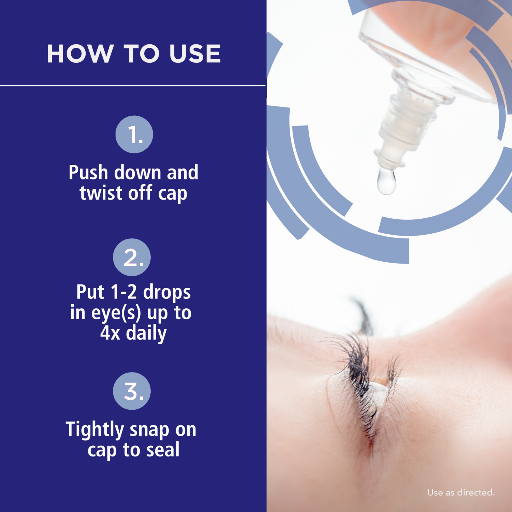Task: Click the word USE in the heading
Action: click(195, 54)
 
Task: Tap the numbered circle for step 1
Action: click(134, 134)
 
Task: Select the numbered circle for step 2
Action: click(132, 257)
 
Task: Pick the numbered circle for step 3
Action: click(132, 391)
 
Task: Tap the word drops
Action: click(167, 293)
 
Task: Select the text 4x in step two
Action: click(110, 333)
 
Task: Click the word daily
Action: click(146, 333)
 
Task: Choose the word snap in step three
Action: click(149, 430)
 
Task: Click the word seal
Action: click(163, 450)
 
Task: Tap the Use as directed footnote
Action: click(460, 492)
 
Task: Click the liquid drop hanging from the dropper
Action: click(386, 181)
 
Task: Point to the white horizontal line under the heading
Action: click(133, 85)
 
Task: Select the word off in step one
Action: click(140, 193)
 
